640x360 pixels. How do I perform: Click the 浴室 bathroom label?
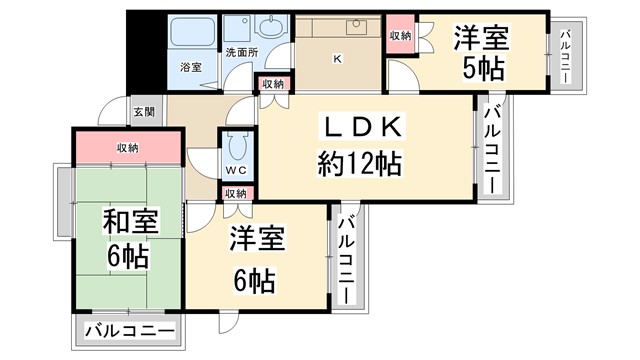point(190,67)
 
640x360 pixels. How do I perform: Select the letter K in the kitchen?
point(337,58)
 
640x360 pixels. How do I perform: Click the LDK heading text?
point(361,128)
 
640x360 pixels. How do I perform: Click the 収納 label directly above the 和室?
point(127,148)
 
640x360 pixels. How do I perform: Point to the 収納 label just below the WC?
point(236,193)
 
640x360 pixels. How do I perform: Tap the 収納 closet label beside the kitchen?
point(400,36)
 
